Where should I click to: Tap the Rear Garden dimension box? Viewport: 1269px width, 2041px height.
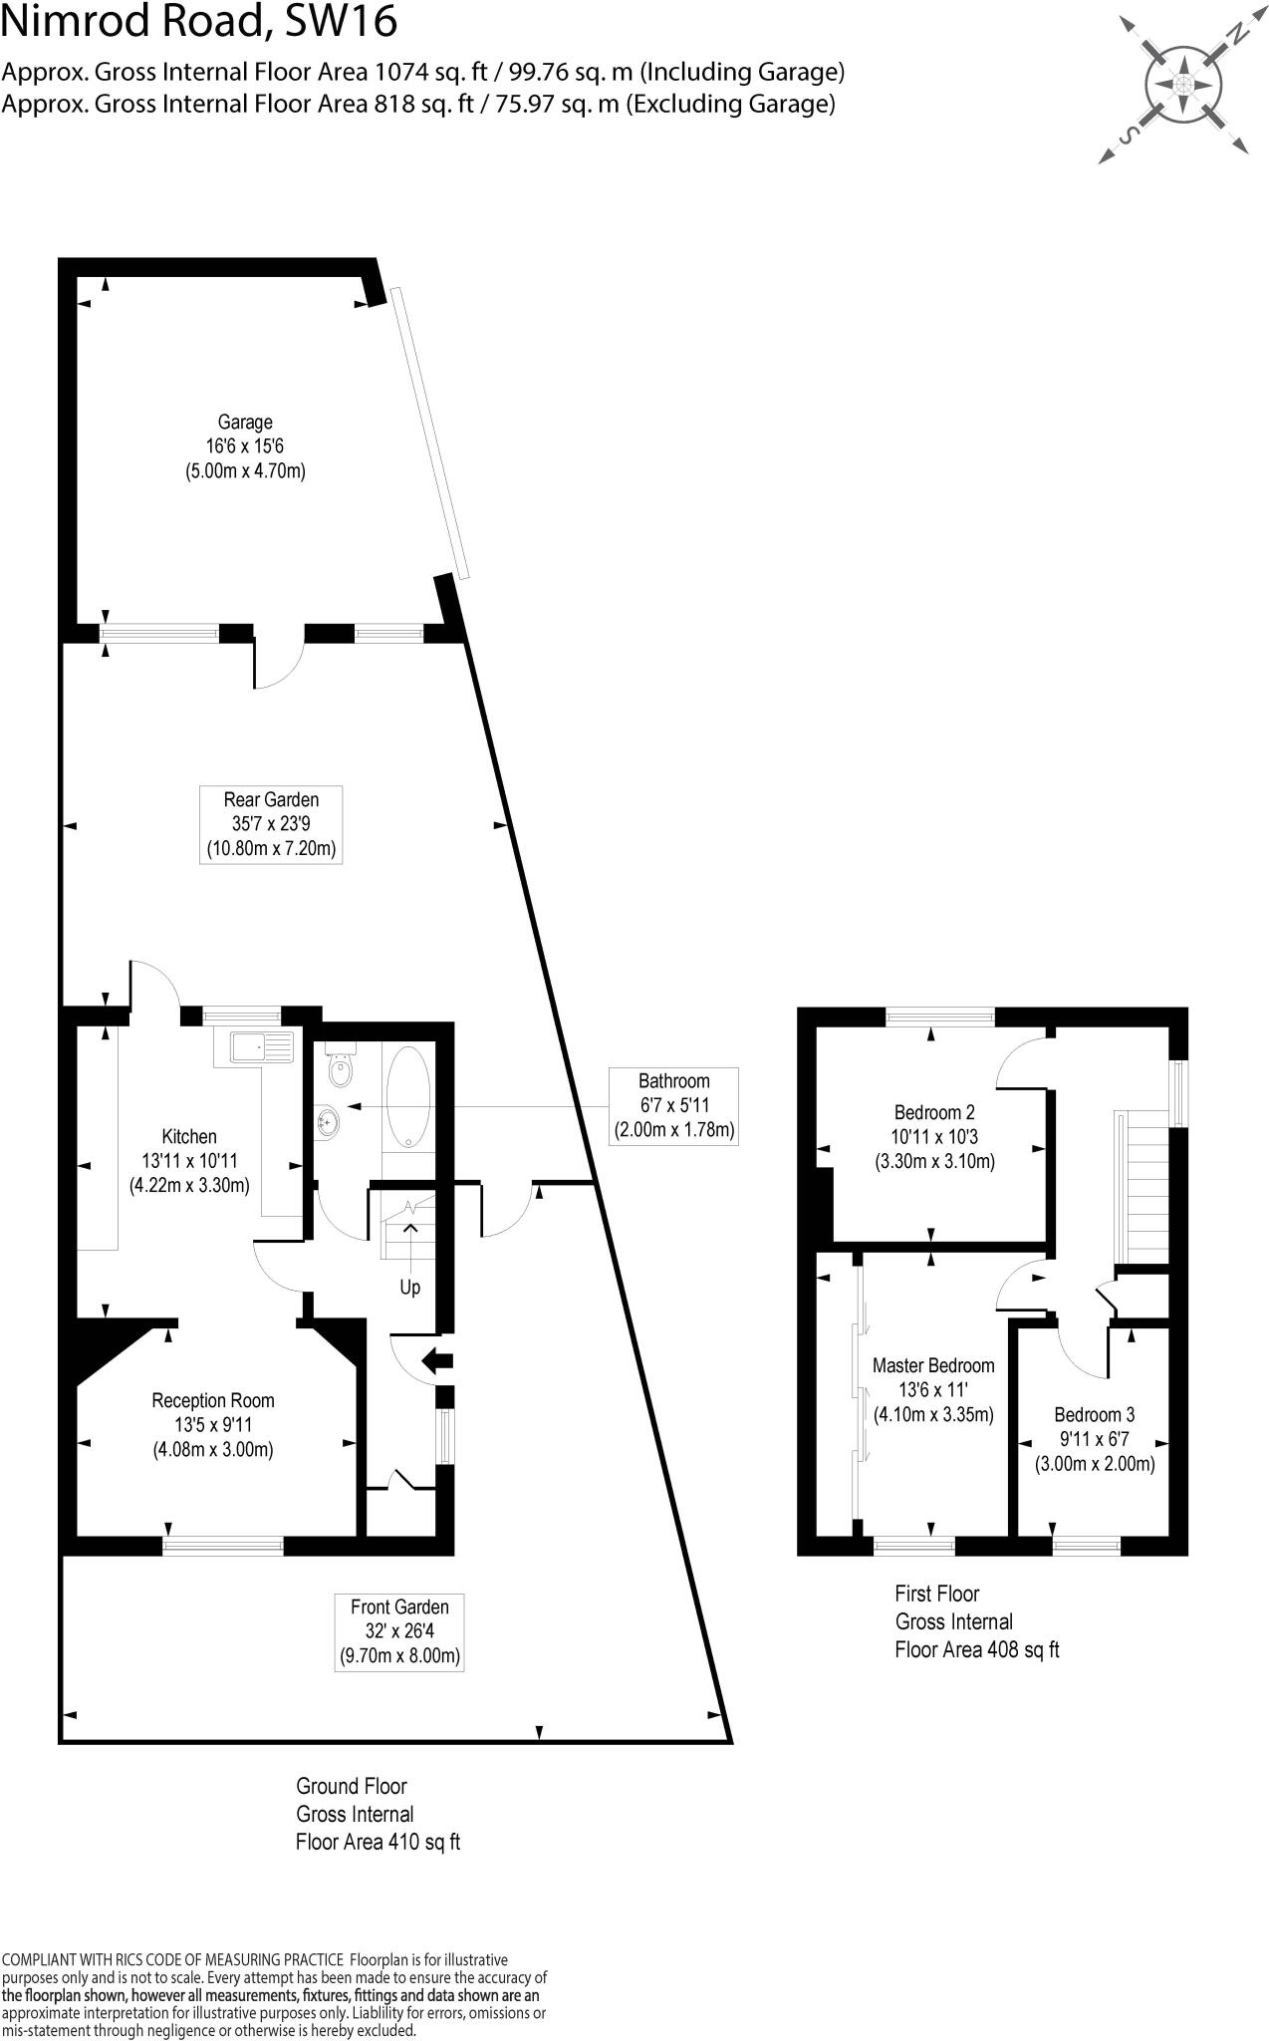pyautogui.click(x=271, y=824)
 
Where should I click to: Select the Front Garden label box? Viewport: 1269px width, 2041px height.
pyautogui.click(x=399, y=1631)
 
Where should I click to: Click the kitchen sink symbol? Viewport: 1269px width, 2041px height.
pyautogui.click(x=262, y=1047)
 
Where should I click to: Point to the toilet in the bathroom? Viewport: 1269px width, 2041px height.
pyautogui.click(x=341, y=1069)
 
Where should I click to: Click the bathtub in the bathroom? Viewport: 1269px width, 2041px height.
pyautogui.click(x=407, y=1096)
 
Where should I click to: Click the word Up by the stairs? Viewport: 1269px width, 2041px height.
pyautogui.click(x=409, y=1288)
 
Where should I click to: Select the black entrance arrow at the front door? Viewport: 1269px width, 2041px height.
pyautogui.click(x=437, y=1359)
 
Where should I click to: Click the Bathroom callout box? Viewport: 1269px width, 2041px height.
pyautogui.click(x=673, y=1105)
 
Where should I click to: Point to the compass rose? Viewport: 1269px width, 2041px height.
pyautogui.click(x=1182, y=85)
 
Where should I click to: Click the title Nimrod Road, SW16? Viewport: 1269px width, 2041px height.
pyautogui.click(x=199, y=22)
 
